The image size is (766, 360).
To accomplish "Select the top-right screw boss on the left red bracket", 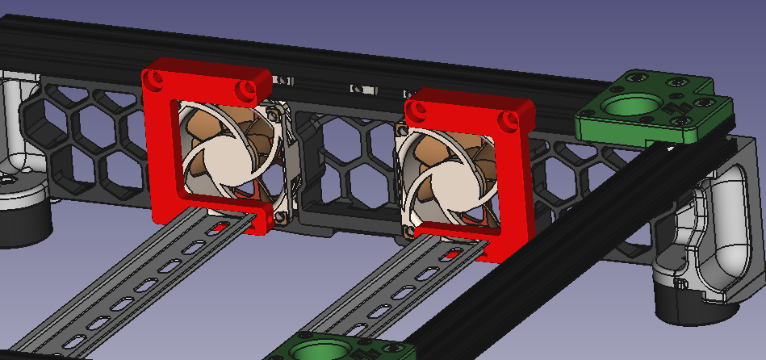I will click(245, 87).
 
